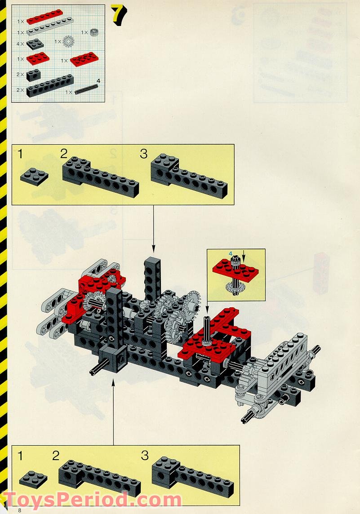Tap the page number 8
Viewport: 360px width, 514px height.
(20, 510)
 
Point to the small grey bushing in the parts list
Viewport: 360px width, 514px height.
(94, 32)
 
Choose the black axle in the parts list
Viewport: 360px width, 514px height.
(87, 89)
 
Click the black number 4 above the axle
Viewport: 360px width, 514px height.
(98, 81)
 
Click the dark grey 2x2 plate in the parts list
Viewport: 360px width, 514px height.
(35, 44)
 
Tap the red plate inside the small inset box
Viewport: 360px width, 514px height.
(234, 269)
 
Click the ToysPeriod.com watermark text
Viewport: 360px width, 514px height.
(92, 500)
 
